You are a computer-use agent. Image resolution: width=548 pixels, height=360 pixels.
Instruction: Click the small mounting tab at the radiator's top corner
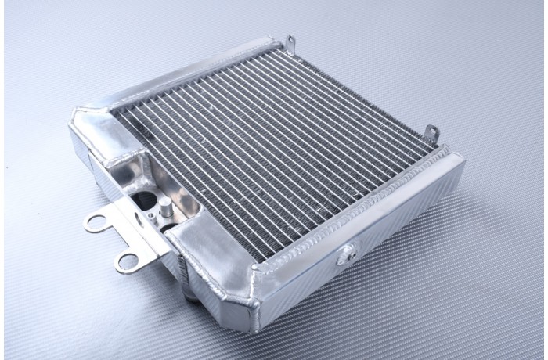click(x=290, y=40)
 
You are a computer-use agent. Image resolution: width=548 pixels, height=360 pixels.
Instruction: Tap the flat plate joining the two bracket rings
click(x=125, y=235)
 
